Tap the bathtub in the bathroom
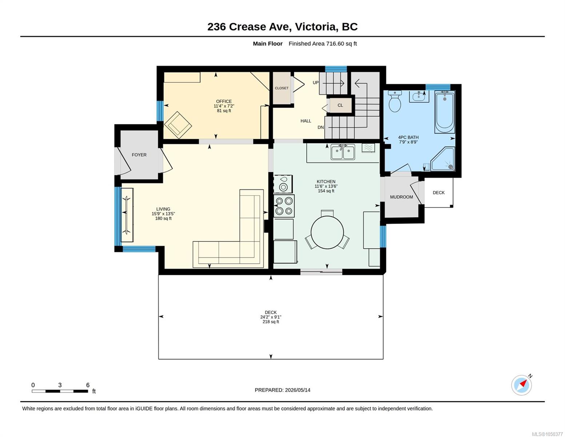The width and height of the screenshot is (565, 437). click(445, 112)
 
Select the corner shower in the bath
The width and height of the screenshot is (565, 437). click(443, 159)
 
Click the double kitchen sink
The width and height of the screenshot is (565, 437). click(343, 152)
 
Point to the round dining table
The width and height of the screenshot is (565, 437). click(327, 232)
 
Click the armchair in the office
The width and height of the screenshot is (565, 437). click(178, 125)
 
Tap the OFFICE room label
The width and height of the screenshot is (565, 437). click(224, 101)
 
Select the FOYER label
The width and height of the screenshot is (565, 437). click(139, 155)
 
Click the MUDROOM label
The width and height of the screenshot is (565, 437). click(401, 197)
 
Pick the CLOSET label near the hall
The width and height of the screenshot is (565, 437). click(282, 88)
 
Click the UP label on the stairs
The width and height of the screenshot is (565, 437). click(316, 83)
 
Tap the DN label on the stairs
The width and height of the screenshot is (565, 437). click(321, 127)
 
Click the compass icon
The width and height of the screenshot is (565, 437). click(521, 385)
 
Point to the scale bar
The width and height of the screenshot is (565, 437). click(60, 391)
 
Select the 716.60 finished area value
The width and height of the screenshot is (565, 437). click(335, 44)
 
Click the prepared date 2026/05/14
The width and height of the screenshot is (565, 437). click(298, 390)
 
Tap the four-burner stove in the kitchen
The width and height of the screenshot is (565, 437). click(284, 206)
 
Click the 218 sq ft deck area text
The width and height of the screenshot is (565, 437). click(271, 322)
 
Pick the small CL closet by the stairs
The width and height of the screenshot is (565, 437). click(341, 105)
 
